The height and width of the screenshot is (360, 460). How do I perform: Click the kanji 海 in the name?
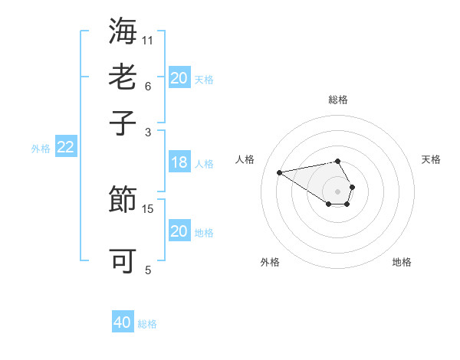point(123,33)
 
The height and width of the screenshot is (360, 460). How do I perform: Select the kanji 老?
point(123,77)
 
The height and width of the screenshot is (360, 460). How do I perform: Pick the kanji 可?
point(123,261)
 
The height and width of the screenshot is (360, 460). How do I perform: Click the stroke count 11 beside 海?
point(148,39)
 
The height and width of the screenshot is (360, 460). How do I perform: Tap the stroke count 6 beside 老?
point(147,85)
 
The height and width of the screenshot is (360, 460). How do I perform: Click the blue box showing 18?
point(179,162)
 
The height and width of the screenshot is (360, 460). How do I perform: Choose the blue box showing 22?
point(65,148)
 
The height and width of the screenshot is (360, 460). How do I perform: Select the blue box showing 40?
point(123,322)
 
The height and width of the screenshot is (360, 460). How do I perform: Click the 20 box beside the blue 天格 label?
point(179,78)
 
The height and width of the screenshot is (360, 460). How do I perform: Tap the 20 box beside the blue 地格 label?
point(179,231)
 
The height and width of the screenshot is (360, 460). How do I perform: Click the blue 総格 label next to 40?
point(147,324)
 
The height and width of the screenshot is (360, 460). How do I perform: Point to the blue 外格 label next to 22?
point(41,149)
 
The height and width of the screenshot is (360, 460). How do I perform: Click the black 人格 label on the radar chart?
point(245,159)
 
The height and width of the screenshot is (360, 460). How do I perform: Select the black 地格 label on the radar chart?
point(402,262)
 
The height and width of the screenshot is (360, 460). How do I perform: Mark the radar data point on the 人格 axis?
point(279,172)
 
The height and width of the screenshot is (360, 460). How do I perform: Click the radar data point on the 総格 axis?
point(337,161)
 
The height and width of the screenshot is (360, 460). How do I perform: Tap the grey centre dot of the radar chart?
point(337,191)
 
